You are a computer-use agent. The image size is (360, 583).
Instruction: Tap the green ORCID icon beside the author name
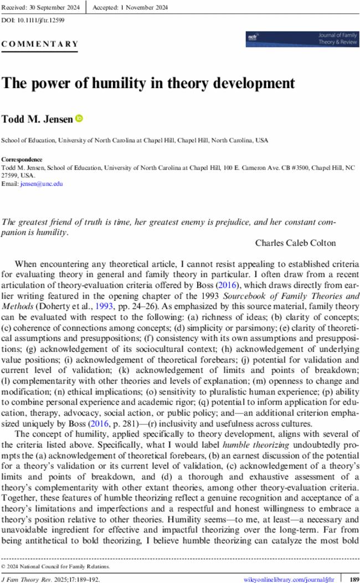point(79,118)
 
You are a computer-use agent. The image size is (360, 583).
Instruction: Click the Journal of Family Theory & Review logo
point(301,39)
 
